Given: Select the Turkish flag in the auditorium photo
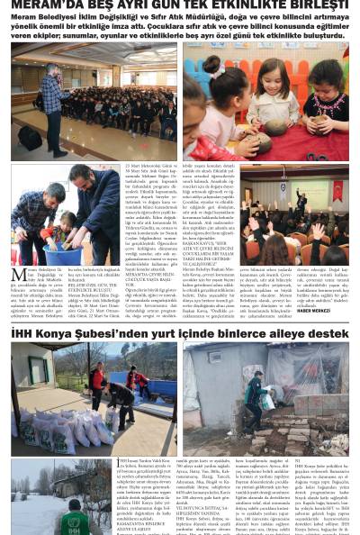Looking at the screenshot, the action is (338, 191).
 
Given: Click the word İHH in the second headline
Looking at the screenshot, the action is (24, 333).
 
